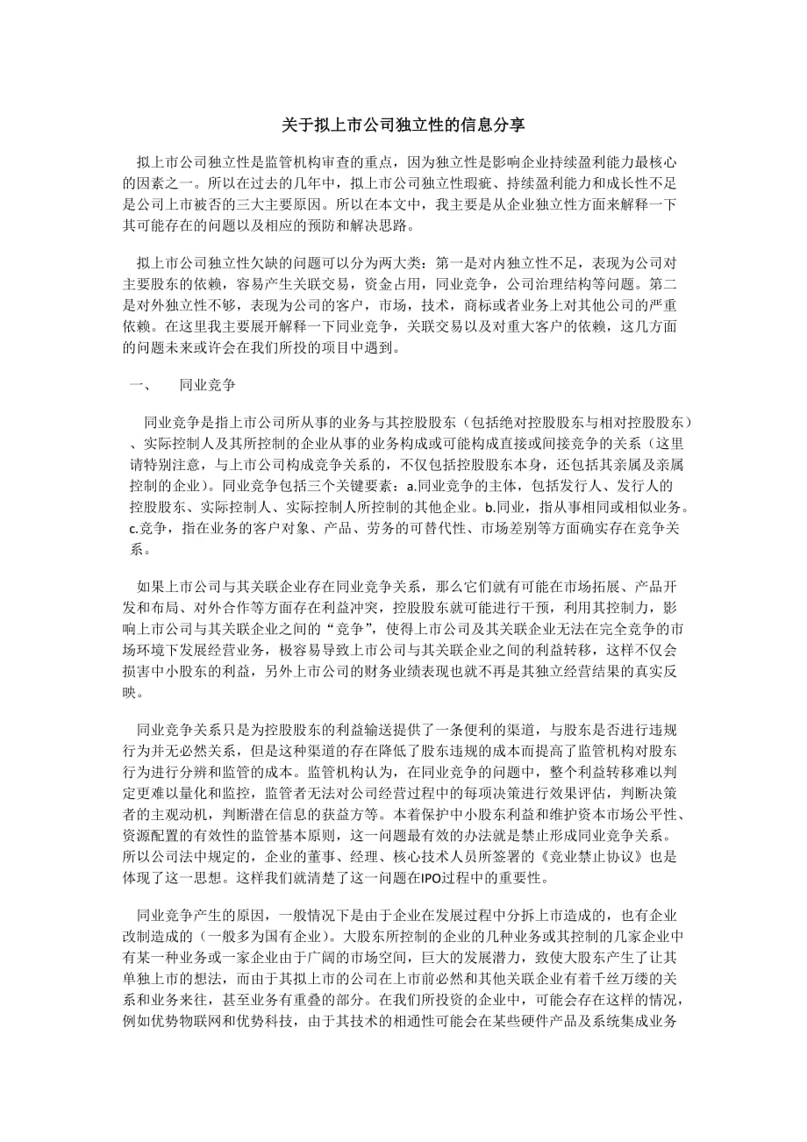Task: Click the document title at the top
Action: tap(403, 125)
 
